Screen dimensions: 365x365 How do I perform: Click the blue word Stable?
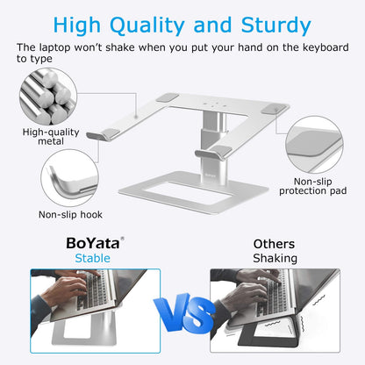tap(92, 258)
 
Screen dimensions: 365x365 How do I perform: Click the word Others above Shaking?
tap(274, 244)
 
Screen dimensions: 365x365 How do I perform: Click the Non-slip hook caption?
tap(71, 213)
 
